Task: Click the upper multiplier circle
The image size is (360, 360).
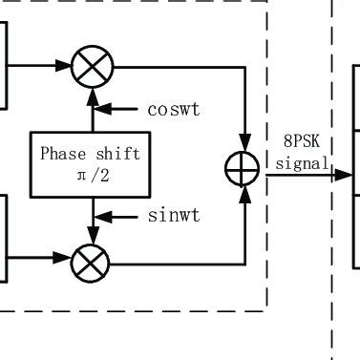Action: pos(92,67)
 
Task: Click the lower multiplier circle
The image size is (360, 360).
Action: pos(92,259)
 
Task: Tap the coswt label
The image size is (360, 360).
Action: pos(173,109)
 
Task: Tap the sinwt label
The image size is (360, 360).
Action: pos(173,216)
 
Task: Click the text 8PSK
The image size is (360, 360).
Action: pos(299,144)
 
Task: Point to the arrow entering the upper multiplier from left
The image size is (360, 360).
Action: pos(63,67)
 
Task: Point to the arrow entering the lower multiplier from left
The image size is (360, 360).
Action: pos(63,259)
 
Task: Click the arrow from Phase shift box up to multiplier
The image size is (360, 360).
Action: pos(92,110)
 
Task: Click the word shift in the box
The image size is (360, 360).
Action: pos(117,154)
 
